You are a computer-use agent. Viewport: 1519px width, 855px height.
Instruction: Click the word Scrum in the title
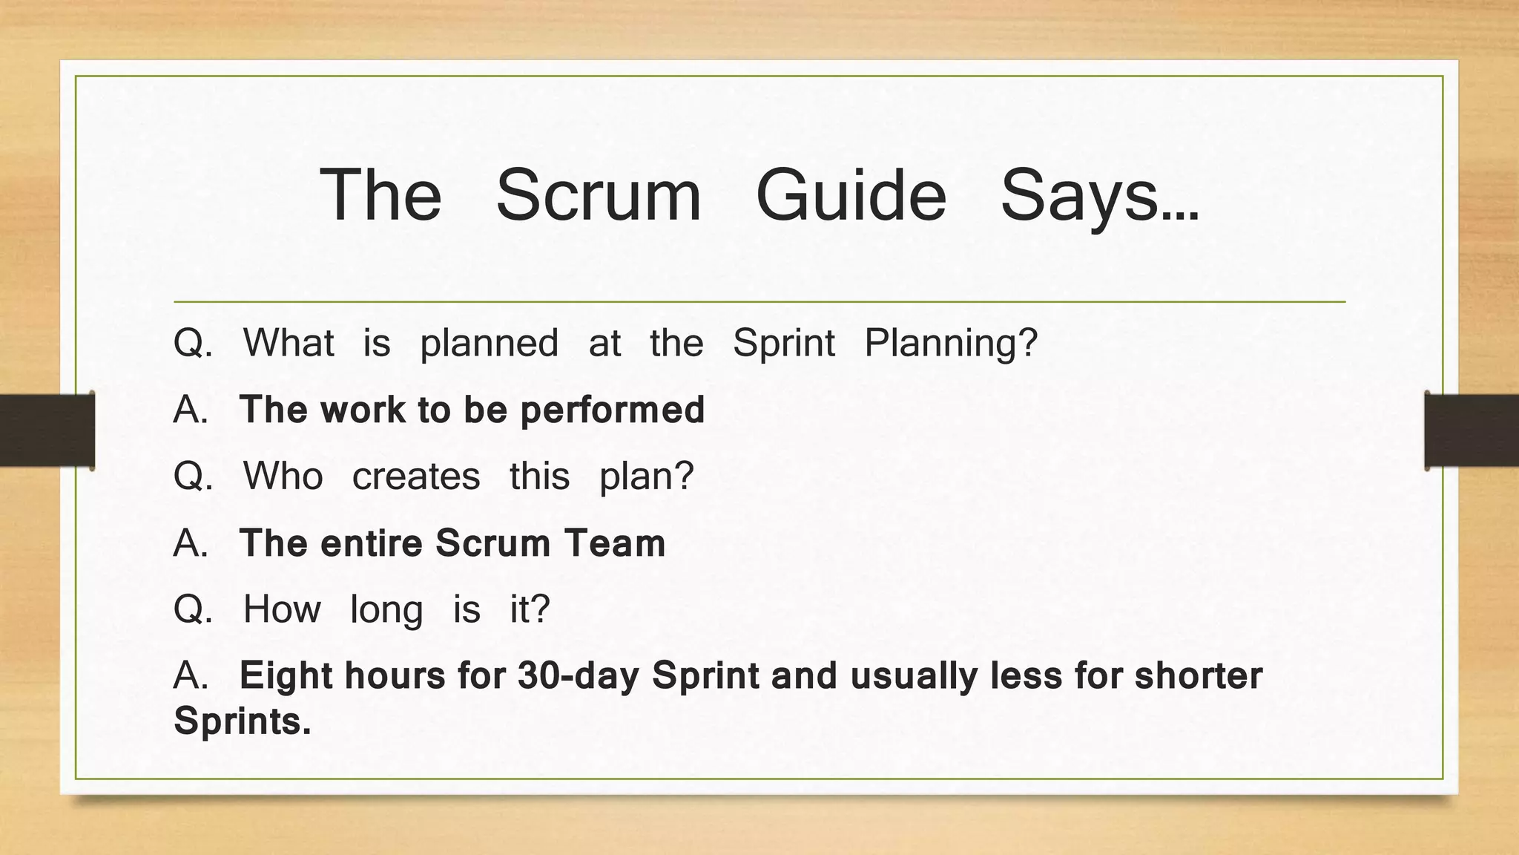pos(598,195)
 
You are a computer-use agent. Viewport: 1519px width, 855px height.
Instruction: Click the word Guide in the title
pos(851,195)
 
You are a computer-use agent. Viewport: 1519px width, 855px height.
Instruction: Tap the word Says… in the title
pos(1099,195)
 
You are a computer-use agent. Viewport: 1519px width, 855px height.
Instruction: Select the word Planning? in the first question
pos(951,344)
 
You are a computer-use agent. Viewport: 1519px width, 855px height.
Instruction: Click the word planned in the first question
pos(489,344)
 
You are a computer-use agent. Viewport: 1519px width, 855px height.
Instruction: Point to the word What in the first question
pos(289,343)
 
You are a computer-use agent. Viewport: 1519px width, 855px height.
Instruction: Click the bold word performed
pos(612,410)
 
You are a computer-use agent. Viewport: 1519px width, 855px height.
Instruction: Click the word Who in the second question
pos(283,476)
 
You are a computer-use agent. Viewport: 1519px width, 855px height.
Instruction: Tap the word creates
pos(415,476)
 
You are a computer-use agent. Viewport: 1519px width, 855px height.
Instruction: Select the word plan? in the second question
pos(646,476)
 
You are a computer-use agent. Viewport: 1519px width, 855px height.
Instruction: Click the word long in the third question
pos(386,610)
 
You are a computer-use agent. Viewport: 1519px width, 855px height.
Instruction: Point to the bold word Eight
pos(286,676)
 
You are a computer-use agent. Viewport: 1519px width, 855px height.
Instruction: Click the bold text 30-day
pos(579,676)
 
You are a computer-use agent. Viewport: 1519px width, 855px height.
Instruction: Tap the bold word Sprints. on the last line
pos(243,721)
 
